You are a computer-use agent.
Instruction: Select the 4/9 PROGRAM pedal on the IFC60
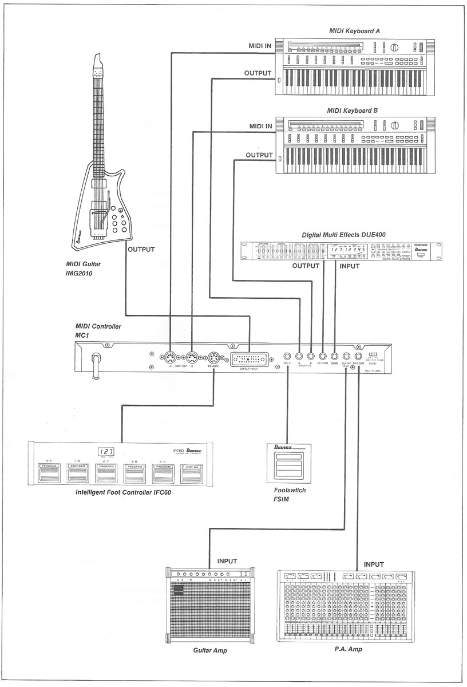(x=163, y=473)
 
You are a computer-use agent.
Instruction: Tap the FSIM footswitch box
(x=289, y=463)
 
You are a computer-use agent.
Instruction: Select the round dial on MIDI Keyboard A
(x=393, y=49)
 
